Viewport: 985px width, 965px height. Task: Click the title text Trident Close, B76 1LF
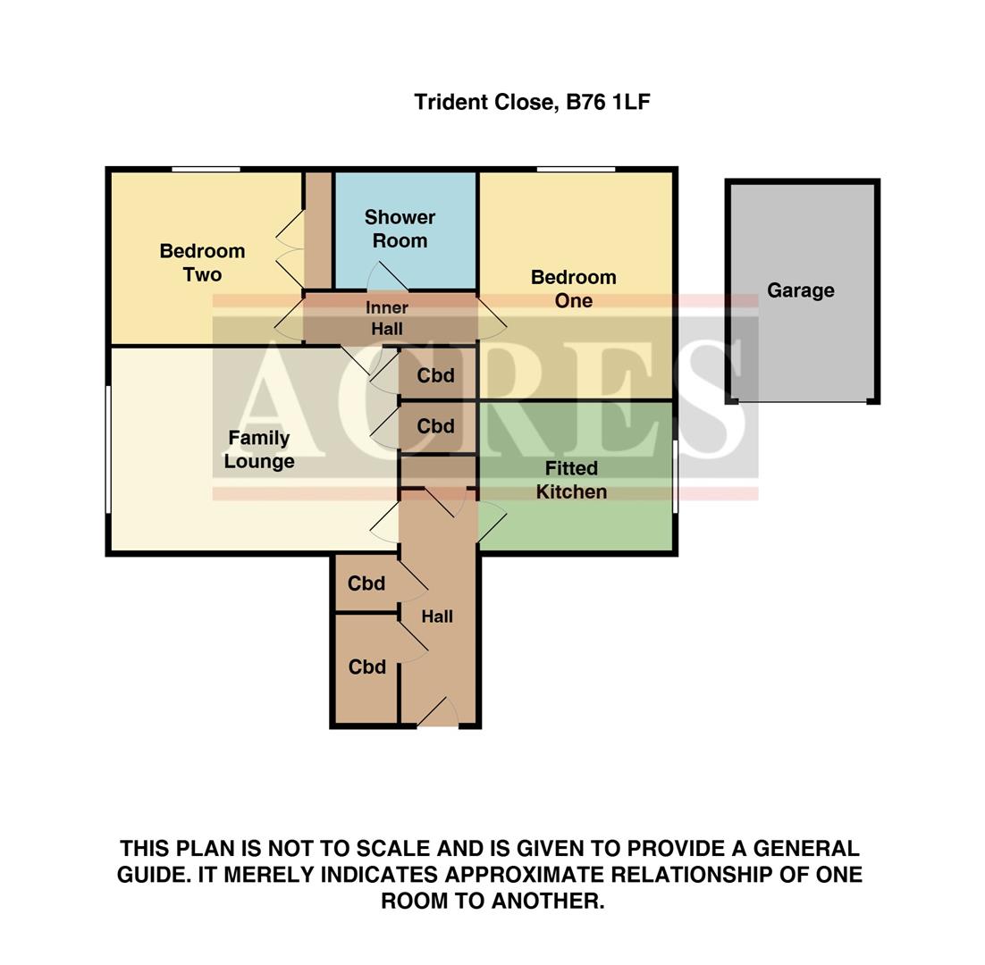click(x=532, y=102)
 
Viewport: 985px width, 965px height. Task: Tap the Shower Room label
click(x=400, y=229)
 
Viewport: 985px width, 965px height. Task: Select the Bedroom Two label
click(x=202, y=263)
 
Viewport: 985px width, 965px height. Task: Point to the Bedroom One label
click(x=573, y=289)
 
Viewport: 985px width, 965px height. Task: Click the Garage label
click(x=800, y=290)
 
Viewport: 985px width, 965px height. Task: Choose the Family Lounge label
click(x=258, y=449)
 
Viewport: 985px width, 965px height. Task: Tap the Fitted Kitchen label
click(x=571, y=480)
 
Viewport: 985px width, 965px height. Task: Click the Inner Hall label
click(x=386, y=318)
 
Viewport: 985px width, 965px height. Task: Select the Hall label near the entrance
click(x=437, y=617)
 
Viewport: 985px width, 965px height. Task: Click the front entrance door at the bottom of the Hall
click(x=437, y=713)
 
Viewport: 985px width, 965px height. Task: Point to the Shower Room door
click(x=388, y=277)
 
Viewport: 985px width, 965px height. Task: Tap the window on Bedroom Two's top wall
click(x=206, y=169)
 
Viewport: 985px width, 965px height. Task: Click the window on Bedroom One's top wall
click(x=576, y=169)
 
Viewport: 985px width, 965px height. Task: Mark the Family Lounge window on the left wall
click(x=108, y=449)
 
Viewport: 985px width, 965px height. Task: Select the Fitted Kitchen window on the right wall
click(x=675, y=476)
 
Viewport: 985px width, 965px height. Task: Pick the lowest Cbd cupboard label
click(x=366, y=667)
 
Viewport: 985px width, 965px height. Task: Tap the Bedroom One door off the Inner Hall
click(x=491, y=318)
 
